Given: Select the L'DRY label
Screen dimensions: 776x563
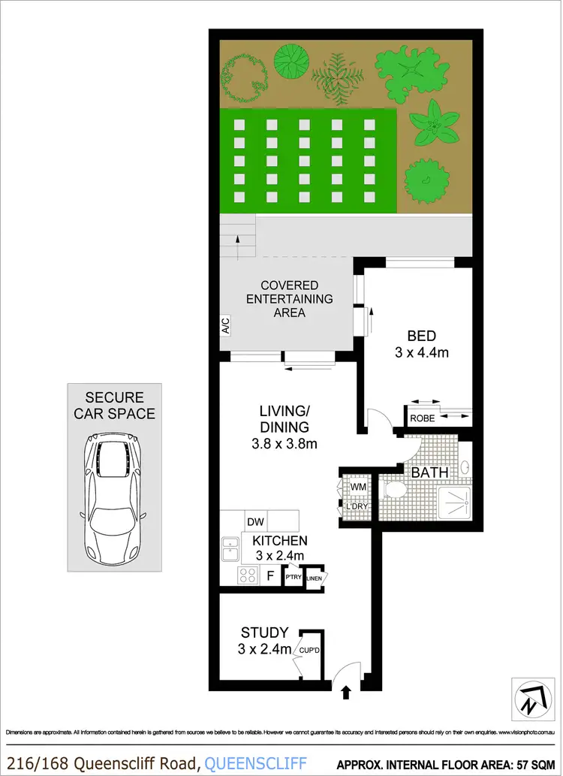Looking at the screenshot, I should (x=355, y=507).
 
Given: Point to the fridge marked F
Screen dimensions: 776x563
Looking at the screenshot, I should (x=269, y=576).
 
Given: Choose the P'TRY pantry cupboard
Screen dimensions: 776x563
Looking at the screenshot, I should (x=292, y=577).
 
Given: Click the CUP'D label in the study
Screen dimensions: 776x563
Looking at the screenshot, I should (x=311, y=651).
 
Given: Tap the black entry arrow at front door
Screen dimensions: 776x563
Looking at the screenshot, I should (x=345, y=691).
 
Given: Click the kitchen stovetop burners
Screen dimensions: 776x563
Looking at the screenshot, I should (x=247, y=576).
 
